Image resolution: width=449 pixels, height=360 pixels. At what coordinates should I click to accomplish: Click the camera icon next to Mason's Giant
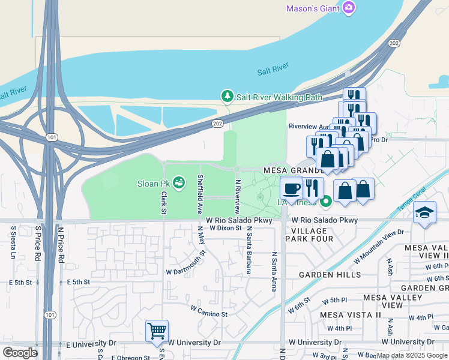(349, 8)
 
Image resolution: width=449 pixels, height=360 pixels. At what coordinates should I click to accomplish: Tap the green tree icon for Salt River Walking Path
(227, 97)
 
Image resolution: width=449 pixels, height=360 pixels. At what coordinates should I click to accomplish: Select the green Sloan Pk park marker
(178, 181)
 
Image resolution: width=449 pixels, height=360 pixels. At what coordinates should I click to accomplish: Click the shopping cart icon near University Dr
(157, 330)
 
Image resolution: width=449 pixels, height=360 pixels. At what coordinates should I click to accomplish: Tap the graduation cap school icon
(424, 213)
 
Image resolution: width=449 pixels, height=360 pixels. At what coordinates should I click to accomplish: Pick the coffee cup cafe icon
(292, 188)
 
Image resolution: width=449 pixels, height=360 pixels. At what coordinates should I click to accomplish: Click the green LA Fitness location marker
(326, 202)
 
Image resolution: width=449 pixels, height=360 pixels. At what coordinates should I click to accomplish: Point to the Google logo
(20, 352)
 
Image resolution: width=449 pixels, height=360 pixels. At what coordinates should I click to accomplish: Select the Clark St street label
(163, 203)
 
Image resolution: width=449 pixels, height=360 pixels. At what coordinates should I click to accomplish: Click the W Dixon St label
(225, 228)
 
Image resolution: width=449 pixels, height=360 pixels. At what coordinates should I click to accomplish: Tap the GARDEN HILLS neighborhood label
(331, 275)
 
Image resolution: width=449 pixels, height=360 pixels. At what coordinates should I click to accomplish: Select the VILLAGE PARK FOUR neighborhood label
(312, 235)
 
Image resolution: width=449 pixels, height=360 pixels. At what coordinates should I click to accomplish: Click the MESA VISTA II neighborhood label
(351, 314)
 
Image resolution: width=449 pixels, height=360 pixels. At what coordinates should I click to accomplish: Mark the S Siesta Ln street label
(13, 242)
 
